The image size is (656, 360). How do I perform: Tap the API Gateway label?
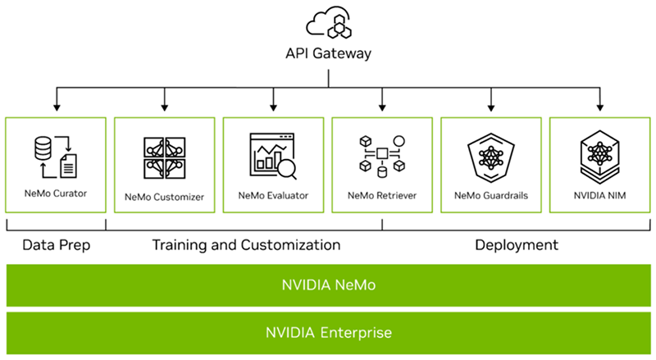[328, 54]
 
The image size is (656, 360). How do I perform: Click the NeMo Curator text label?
[55, 194]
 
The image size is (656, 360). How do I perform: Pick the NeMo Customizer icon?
[164, 157]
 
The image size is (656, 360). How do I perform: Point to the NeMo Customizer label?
[164, 197]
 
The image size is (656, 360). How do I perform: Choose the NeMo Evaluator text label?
[273, 197]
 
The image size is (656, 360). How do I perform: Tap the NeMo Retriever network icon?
[382, 155]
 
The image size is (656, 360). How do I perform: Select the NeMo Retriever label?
[382, 197]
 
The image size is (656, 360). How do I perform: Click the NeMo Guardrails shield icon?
[491, 156]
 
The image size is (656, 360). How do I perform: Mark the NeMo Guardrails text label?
[491, 197]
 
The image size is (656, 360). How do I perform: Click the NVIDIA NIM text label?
[600, 197]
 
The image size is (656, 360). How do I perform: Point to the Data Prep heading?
[55, 244]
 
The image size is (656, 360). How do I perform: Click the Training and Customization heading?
[246, 244]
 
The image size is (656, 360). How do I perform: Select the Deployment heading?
[517, 244]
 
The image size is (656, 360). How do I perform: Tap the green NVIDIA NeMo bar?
[328, 285]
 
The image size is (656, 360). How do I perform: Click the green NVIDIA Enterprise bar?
[328, 333]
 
